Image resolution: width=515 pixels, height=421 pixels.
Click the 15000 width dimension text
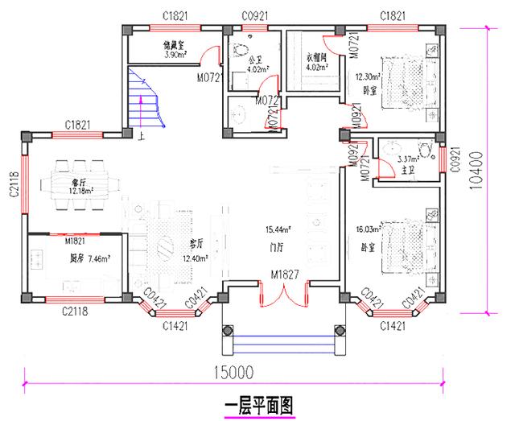234,372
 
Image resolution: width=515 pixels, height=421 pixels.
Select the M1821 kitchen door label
76,240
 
